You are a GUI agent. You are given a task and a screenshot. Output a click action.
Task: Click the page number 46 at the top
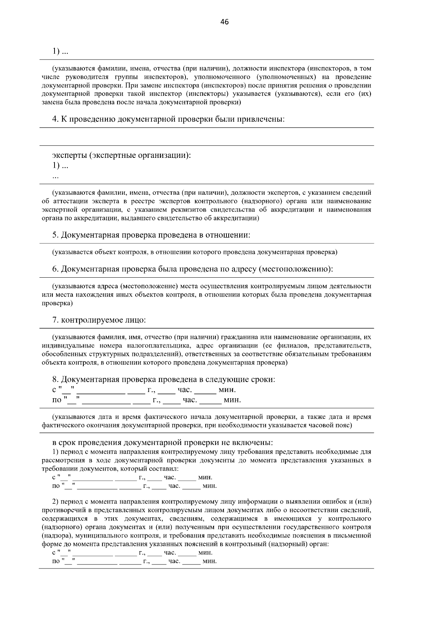click(225, 22)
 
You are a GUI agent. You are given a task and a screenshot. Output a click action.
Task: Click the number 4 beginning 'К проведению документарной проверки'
click(55, 119)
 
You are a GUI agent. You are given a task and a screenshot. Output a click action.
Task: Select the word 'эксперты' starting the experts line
click(69, 155)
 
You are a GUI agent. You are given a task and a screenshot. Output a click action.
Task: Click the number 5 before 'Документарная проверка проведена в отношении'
click(55, 235)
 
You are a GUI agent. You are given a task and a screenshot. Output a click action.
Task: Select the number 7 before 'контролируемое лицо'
click(55, 320)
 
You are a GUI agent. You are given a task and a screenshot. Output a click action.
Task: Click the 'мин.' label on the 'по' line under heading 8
click(232, 400)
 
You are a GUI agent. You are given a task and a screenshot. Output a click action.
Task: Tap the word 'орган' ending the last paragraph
click(320, 544)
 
